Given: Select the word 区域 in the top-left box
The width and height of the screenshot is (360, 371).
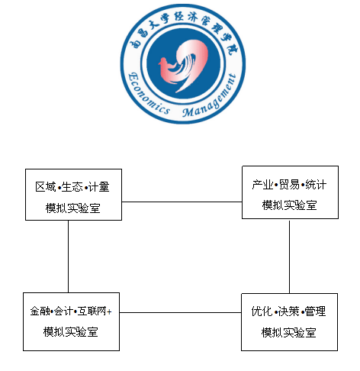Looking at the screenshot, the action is pyautogui.click(x=46, y=187).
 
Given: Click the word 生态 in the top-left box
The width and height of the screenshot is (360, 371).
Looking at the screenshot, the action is pyautogui.click(x=72, y=187).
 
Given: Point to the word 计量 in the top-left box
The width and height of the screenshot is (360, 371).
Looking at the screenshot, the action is pyautogui.click(x=99, y=187).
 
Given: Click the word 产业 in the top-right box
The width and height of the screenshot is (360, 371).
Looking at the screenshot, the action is pyautogui.click(x=263, y=185).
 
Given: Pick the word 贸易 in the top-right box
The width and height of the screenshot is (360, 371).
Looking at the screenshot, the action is pyautogui.click(x=289, y=185).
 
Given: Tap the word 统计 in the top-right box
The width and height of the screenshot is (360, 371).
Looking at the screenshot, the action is pyautogui.click(x=316, y=185).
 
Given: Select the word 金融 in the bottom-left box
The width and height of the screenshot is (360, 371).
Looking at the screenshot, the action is pyautogui.click(x=40, y=311).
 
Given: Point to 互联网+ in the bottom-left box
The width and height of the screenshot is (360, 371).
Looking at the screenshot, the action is pyautogui.click(x=95, y=311).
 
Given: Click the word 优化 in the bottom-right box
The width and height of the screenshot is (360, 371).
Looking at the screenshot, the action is pyautogui.click(x=262, y=311).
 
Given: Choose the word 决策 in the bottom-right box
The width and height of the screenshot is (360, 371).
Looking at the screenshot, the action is pyautogui.click(x=288, y=311).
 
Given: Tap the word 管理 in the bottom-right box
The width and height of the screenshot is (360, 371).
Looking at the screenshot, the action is pyautogui.click(x=315, y=311).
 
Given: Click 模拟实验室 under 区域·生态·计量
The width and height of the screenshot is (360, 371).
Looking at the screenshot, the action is pyautogui.click(x=73, y=208).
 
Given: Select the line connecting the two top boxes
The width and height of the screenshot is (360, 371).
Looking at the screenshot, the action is pyautogui.click(x=182, y=202).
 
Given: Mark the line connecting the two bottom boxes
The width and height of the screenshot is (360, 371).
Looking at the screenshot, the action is pyautogui.click(x=180, y=312).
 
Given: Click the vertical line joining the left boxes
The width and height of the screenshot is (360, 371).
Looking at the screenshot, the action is pyautogui.click(x=69, y=256).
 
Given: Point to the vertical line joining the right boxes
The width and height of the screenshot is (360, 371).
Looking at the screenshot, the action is pyautogui.click(x=289, y=257).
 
